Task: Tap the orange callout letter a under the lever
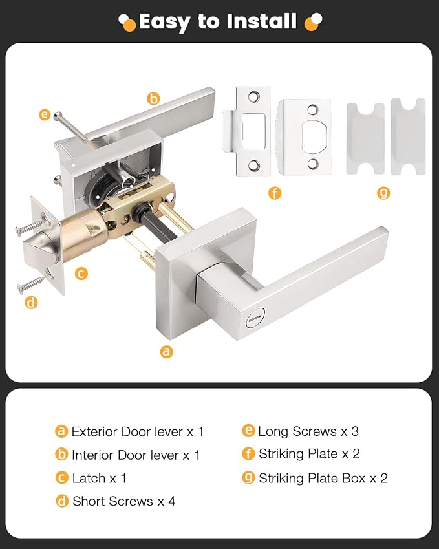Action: point(167,352)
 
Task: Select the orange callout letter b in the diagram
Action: point(153,99)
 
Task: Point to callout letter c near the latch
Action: point(81,274)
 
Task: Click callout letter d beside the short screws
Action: point(31,302)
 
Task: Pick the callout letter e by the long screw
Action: point(44,115)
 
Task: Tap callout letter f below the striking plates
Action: point(275,193)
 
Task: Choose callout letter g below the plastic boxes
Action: point(383,193)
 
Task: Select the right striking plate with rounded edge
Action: point(305,136)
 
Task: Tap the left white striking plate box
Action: point(365,138)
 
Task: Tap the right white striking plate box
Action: point(408,136)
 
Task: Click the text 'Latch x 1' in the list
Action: point(99,478)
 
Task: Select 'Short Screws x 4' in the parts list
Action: point(123,501)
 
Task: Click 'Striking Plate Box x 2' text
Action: point(323,478)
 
